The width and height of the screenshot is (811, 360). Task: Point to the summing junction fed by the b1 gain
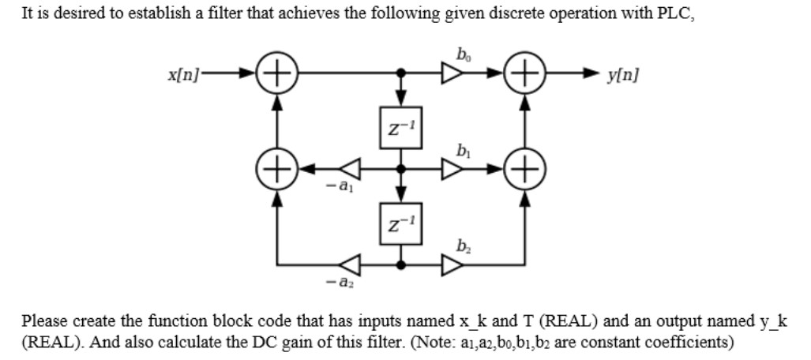click(x=524, y=168)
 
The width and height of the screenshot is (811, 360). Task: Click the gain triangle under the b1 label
click(x=453, y=168)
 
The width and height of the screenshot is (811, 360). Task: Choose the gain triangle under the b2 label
click(x=453, y=264)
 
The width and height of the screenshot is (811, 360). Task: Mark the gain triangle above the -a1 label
click(x=350, y=168)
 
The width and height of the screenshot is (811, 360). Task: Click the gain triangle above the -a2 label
click(x=350, y=264)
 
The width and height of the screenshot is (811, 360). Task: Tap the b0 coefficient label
click(x=461, y=53)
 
